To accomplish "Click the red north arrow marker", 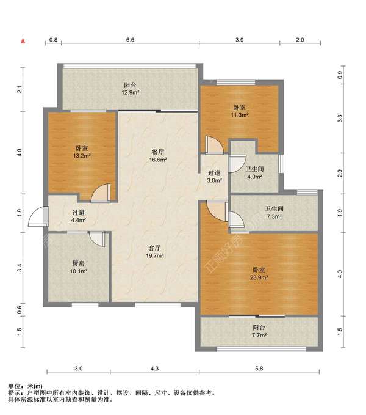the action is pos(23,41).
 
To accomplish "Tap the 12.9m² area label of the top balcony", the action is pos(131,92).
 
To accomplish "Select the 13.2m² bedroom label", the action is pos(82,156).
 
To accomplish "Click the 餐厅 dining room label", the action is pos(157,152).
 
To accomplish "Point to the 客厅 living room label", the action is pos(154,248).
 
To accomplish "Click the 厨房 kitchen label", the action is pos(79,263).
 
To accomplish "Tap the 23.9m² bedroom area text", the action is pos(259,277).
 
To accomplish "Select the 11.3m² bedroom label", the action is pos(239,115).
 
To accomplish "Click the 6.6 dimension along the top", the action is pos(130,40).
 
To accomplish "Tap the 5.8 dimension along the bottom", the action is pos(259,368).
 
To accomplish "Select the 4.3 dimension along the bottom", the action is pos(154,368).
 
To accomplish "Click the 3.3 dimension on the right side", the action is pos(340,118).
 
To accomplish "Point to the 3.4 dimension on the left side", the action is pos(20,268).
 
